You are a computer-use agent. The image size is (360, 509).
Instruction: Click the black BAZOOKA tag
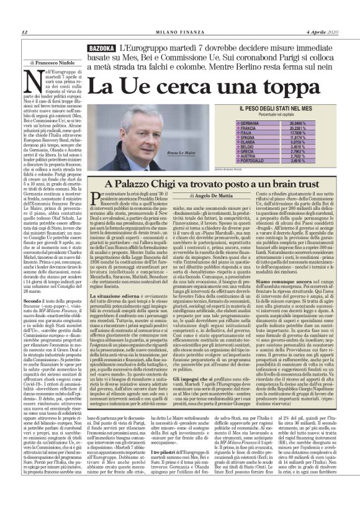(102, 48)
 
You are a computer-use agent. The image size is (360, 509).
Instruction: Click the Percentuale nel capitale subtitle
(274, 115)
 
